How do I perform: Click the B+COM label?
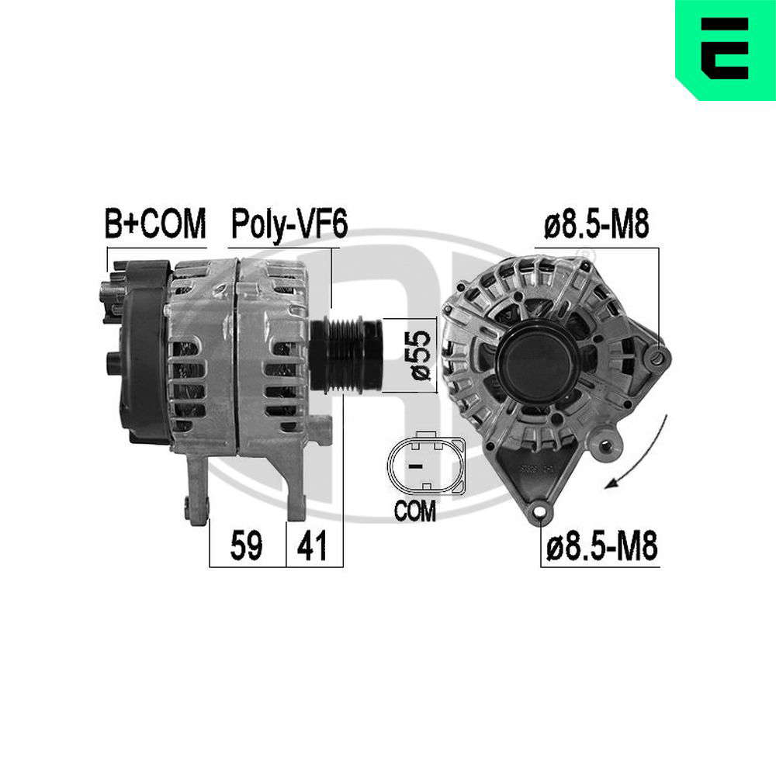tap(155, 223)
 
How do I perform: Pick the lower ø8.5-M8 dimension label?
tap(601, 546)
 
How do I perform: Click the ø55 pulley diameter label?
tap(420, 355)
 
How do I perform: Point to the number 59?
tap(246, 546)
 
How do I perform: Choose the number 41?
tap(312, 546)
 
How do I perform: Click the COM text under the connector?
tap(414, 511)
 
